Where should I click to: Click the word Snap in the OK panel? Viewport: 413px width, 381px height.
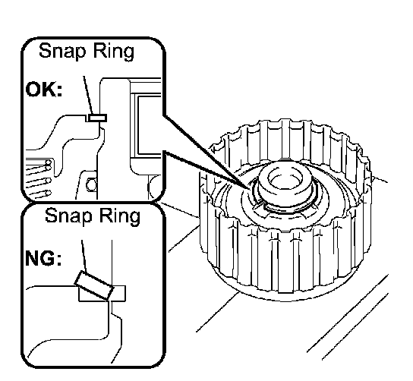pos(62,51)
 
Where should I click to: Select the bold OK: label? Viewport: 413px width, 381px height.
pos(44,90)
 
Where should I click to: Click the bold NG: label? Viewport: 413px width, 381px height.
pos(43,258)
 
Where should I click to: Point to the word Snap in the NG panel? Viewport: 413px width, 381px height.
pos(68,216)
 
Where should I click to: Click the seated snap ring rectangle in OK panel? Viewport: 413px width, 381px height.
pos(97,118)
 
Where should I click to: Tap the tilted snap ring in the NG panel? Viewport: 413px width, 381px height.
pos(94,285)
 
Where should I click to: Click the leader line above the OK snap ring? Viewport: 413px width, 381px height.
pos(88,95)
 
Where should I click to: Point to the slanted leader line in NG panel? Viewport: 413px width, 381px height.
pos(84,256)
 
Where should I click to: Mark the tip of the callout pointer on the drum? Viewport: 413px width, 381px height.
pos(249,189)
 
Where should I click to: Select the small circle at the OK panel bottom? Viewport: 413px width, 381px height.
pos(92,184)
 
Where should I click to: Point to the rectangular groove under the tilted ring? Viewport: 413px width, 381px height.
pos(102,293)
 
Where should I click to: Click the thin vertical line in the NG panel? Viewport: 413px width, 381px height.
pos(112,263)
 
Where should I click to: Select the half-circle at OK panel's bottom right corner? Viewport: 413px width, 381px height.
pos(155,186)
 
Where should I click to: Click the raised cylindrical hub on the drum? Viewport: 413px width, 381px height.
pos(285,184)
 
